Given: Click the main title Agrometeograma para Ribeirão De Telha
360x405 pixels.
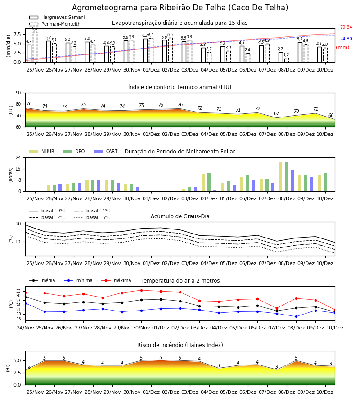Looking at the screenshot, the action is [x=180, y=8].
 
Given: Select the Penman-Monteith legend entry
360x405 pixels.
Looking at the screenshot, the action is [x=55, y=24].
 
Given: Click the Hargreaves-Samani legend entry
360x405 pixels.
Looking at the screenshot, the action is [x=57, y=17].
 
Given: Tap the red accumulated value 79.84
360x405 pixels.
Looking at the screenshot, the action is [x=346, y=27].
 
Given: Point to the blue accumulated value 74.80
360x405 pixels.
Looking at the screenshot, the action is [x=346, y=39].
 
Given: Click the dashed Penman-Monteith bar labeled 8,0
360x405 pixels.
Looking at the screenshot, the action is [x=35, y=47].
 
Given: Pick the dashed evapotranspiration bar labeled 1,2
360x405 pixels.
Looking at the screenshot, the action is [x=286, y=60].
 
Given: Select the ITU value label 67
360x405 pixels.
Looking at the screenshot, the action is [x=277, y=113].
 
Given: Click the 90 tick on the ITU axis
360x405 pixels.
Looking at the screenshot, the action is [x=18, y=93].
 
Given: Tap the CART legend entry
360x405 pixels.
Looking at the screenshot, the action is [x=106, y=151].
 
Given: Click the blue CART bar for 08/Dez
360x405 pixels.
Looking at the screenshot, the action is [x=292, y=181].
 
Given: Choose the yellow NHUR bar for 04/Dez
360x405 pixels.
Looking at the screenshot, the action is [x=203, y=183].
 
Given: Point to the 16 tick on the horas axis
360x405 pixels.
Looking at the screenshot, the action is [x=18, y=169].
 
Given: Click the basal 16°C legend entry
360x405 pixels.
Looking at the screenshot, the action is [x=92, y=217].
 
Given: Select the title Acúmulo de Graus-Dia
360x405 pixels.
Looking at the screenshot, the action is [x=180, y=216].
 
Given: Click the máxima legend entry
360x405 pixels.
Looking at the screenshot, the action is [x=116, y=280].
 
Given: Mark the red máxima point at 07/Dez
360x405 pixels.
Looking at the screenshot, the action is [x=277, y=308].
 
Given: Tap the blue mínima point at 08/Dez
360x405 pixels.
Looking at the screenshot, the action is [x=296, y=316].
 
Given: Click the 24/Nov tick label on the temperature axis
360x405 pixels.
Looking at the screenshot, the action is [x=25, y=328].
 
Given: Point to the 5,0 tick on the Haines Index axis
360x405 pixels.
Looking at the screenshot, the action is [x=17, y=360].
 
